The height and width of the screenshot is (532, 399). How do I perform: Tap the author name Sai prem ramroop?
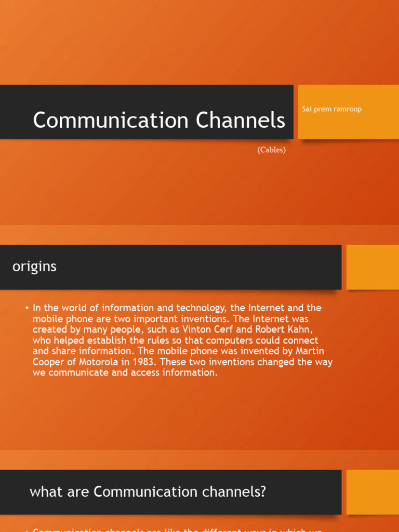[331, 109]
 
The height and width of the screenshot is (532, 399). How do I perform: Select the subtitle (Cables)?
[271, 150]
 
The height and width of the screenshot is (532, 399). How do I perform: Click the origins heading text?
[34, 267]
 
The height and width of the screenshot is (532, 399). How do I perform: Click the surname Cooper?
[51, 362]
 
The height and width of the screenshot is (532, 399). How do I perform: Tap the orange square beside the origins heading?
[373, 267]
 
